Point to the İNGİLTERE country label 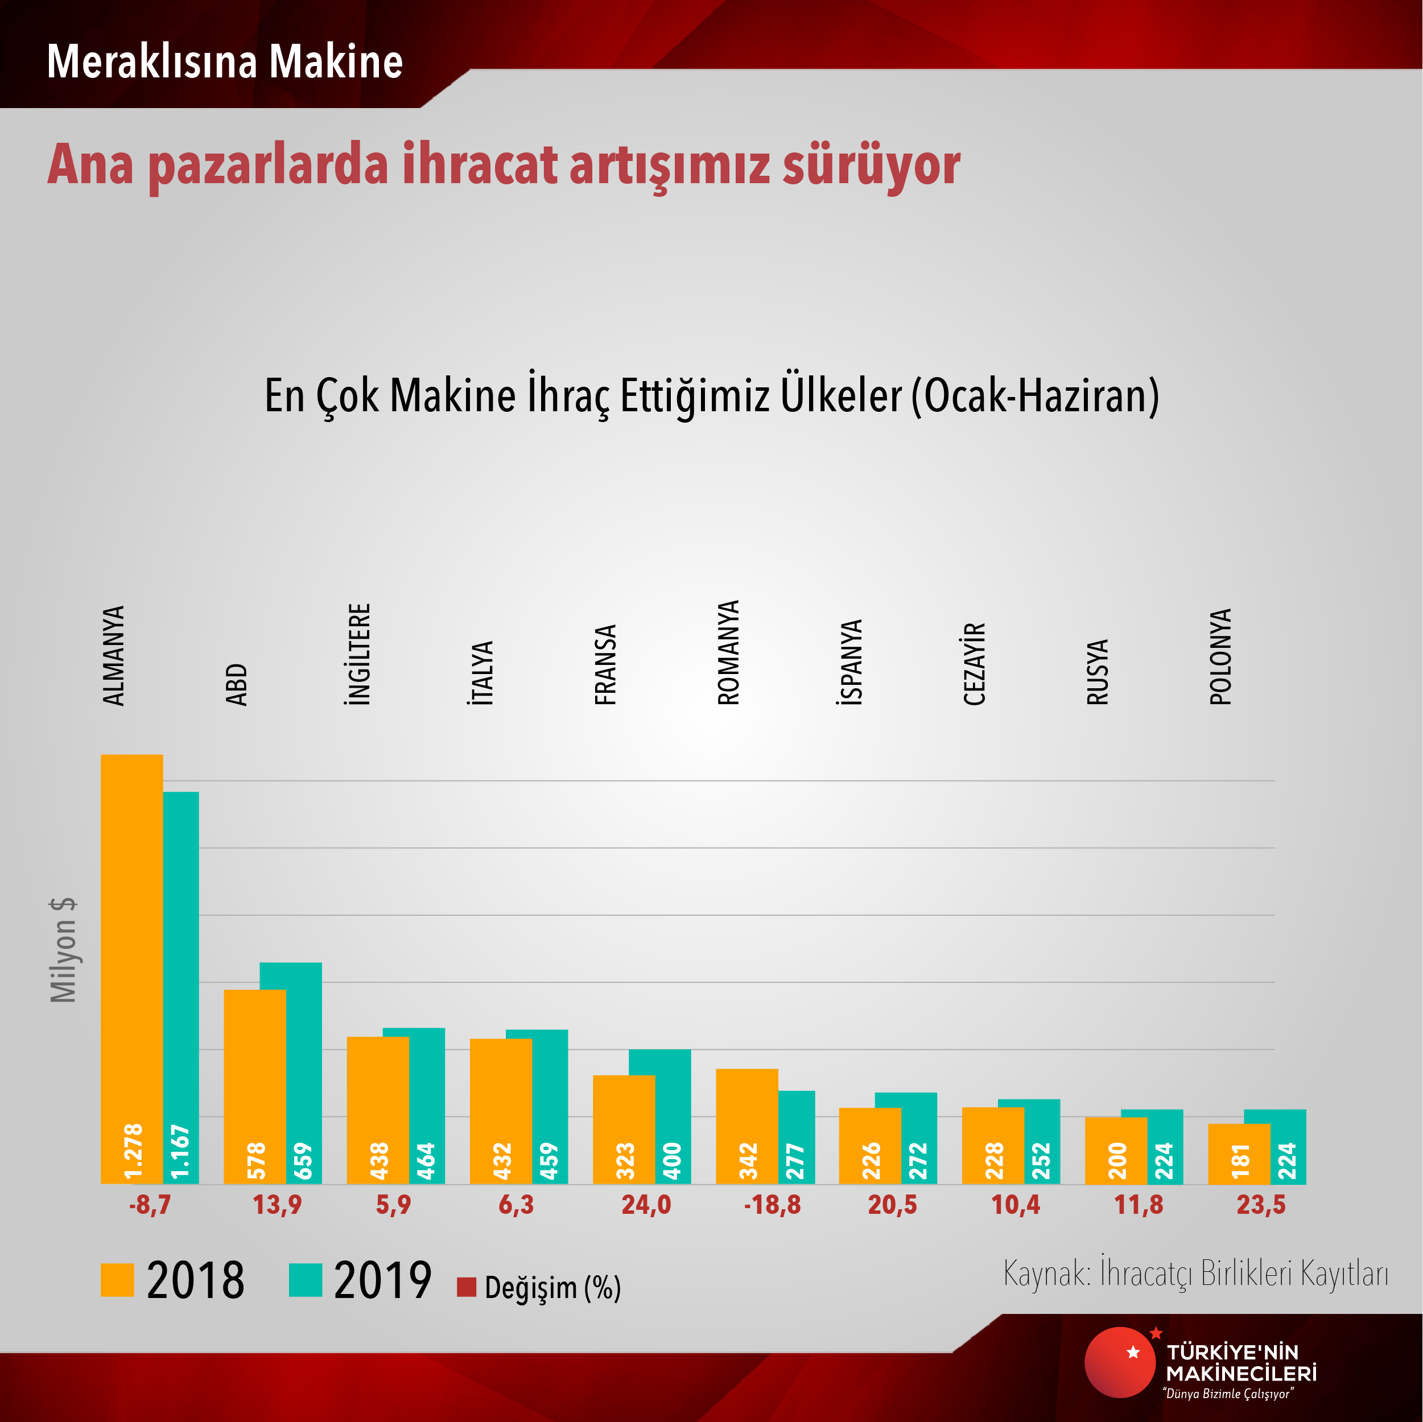click(x=358, y=655)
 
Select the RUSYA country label click(x=1097, y=672)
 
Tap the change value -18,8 click(x=772, y=1205)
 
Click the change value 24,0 click(x=646, y=1205)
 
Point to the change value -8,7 click(x=150, y=1205)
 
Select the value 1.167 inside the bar click(x=180, y=1152)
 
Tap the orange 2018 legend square click(x=117, y=1280)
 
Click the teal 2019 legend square click(x=305, y=1280)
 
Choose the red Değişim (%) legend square click(x=466, y=1287)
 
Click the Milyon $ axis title click(x=63, y=950)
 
